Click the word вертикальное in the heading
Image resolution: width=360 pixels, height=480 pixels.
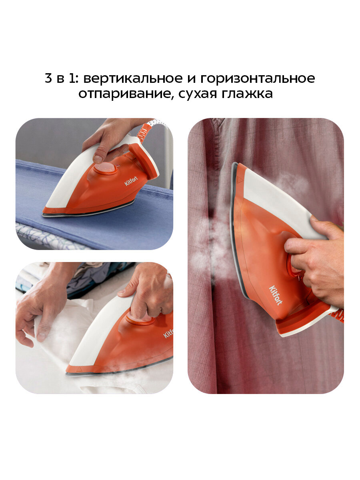coord(133,78)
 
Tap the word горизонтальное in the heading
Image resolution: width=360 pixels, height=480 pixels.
coord(258,79)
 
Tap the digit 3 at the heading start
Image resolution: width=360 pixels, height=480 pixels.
coord(48,78)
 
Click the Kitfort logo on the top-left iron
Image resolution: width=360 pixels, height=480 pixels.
coord(131,181)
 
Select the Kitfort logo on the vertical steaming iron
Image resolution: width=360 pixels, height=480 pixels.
coord(276,295)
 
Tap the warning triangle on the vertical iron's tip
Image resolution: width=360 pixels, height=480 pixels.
coord(240,180)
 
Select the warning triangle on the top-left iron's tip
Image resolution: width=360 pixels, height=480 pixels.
coord(54,211)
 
